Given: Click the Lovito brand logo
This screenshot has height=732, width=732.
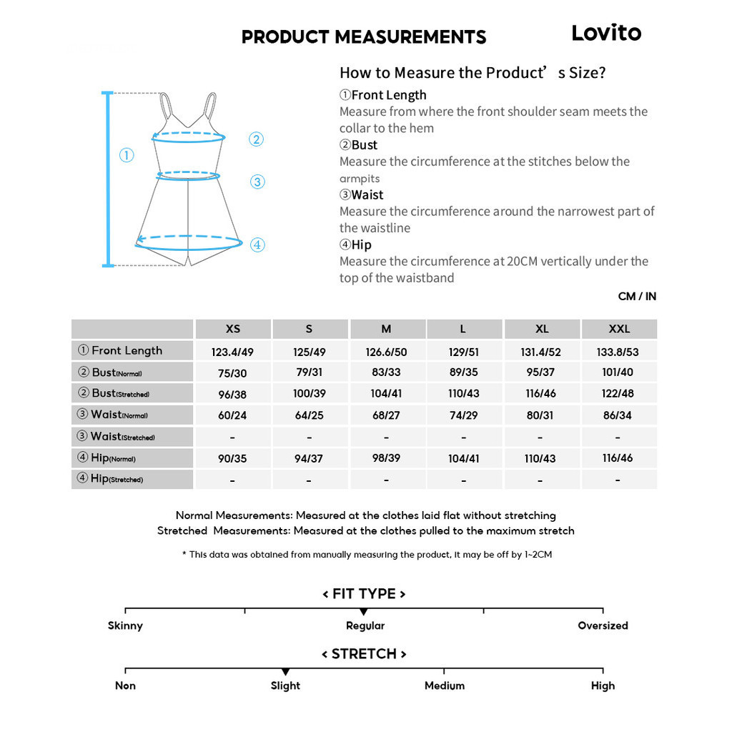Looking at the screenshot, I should pyautogui.click(x=606, y=33).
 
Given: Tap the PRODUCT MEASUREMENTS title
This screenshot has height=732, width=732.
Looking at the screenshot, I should pyautogui.click(x=364, y=37).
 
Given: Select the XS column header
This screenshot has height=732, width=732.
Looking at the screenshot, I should pyautogui.click(x=233, y=329).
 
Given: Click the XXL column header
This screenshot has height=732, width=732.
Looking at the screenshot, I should pyautogui.click(x=619, y=329).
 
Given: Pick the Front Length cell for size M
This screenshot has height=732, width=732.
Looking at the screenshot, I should pyautogui.click(x=386, y=351).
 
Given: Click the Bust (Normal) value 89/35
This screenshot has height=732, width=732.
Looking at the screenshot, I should pyautogui.click(x=463, y=372).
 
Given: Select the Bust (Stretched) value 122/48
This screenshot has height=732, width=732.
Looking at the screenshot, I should pyautogui.click(x=618, y=394).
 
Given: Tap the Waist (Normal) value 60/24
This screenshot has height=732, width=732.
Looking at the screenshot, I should pyautogui.click(x=232, y=415).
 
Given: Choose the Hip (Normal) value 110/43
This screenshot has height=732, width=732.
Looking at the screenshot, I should pyautogui.click(x=540, y=458).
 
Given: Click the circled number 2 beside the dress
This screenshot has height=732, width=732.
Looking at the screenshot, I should pyautogui.click(x=257, y=140).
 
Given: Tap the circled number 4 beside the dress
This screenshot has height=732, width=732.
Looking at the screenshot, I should pyautogui.click(x=257, y=245).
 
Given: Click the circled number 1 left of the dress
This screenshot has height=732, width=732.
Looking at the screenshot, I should pyautogui.click(x=127, y=155).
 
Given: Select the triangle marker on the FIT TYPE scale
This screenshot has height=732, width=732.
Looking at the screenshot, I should pyautogui.click(x=364, y=612).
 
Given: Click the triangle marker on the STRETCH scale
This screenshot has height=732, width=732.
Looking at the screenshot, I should pyautogui.click(x=285, y=672).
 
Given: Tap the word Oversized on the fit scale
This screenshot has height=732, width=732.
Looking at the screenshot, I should pyautogui.click(x=603, y=625).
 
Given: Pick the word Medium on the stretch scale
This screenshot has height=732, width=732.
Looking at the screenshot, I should pyautogui.click(x=444, y=686).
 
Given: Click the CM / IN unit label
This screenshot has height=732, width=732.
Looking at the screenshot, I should pyautogui.click(x=637, y=297).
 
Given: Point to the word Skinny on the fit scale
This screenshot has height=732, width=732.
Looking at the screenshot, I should pyautogui.click(x=125, y=625).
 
